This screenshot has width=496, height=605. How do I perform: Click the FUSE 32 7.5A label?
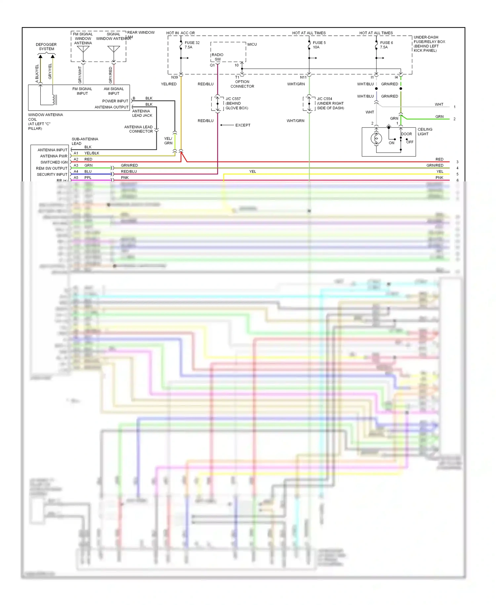[192, 45]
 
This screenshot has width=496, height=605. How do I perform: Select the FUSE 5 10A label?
[319, 45]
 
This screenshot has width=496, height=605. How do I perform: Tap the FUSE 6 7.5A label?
[386, 45]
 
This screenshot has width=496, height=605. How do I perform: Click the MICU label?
[252, 44]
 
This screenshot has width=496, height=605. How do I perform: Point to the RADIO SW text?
[218, 57]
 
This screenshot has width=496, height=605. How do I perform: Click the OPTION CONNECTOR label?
[242, 84]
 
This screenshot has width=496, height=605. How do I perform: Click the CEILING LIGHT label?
[425, 131]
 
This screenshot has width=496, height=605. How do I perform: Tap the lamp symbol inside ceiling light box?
[376, 138]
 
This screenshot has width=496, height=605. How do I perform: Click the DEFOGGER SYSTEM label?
[46, 47]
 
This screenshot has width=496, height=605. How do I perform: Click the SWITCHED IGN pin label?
[54, 162]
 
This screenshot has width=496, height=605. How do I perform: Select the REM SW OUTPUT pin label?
[52, 168]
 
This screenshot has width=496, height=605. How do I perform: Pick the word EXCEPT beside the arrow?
[243, 125]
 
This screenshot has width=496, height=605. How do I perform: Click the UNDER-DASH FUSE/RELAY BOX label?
[429, 44]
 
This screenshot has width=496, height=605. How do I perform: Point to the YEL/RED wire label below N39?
[169, 84]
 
